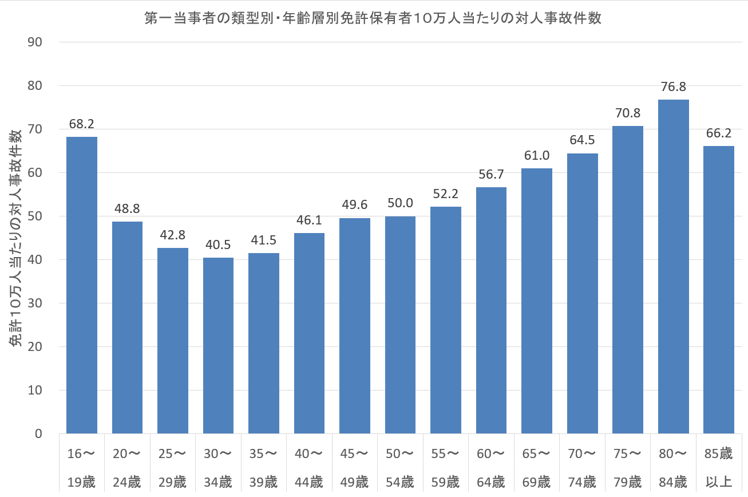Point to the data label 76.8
(673, 87)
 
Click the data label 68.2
(82, 124)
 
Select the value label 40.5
(218, 245)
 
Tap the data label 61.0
(537, 156)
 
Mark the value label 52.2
(446, 194)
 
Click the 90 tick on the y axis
(35, 42)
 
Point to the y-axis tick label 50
(35, 216)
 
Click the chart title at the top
(373, 18)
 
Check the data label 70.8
(628, 113)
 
